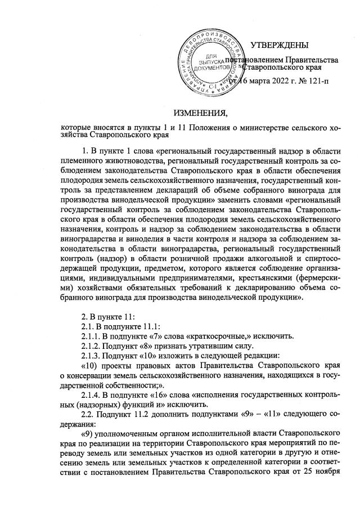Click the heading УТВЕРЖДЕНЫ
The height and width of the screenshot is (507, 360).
tap(279, 45)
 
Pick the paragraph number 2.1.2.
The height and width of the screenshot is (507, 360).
tap(92, 348)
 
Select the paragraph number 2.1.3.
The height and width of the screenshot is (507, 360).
tap(92, 358)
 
